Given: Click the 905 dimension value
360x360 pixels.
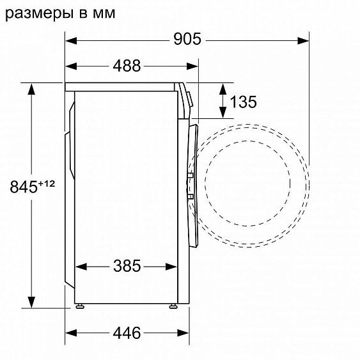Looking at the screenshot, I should pyautogui.click(x=187, y=39).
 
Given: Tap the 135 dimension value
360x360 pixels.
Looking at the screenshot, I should pyautogui.click(x=243, y=101).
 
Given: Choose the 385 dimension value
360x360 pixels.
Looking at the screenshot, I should pyautogui.click(x=127, y=265).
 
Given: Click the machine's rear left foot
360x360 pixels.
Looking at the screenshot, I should pyautogui.click(x=79, y=306).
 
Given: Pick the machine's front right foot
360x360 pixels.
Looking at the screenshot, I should pyautogui.click(x=173, y=306).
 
